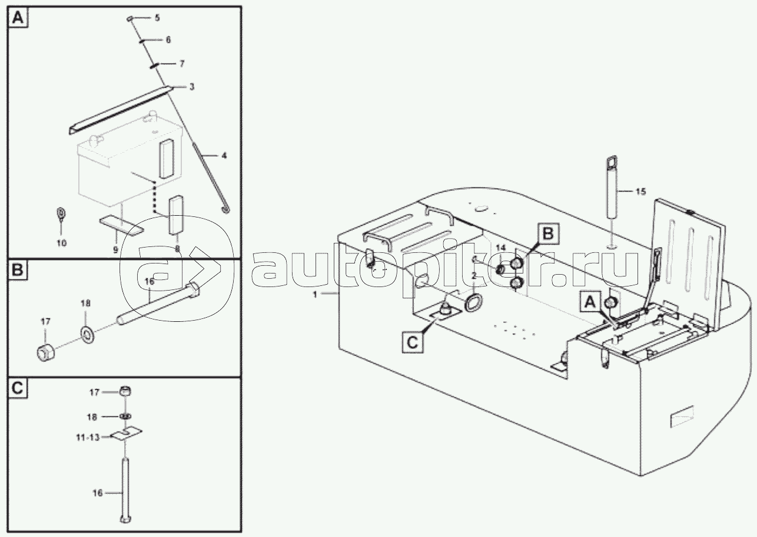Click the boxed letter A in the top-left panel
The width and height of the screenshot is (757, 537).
(x=18, y=18)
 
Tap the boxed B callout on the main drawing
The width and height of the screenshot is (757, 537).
(x=547, y=234)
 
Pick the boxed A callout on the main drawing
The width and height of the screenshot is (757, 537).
(x=590, y=302)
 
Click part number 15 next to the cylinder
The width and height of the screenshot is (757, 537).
(x=640, y=191)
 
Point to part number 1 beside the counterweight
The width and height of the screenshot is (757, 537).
(x=315, y=294)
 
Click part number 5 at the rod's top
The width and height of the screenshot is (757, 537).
(x=157, y=18)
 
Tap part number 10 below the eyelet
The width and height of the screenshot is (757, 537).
(x=61, y=242)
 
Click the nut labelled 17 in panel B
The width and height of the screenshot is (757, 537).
(x=45, y=352)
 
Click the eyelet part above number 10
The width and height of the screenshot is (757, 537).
(x=61, y=214)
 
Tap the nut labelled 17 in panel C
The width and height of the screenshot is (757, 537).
(x=125, y=391)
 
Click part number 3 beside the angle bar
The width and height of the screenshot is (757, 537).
(x=191, y=87)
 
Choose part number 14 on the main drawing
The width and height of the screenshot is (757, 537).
(x=500, y=248)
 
